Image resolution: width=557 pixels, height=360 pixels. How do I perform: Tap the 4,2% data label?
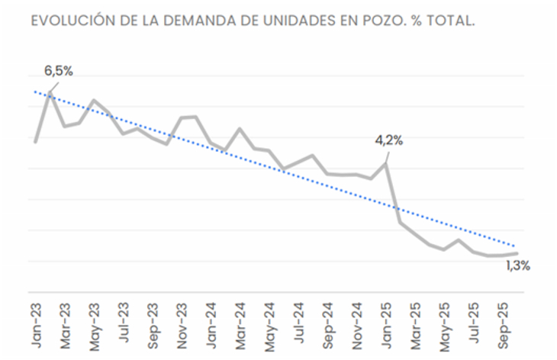click(x=388, y=141)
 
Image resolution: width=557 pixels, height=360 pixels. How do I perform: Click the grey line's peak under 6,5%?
click(x=50, y=95)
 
